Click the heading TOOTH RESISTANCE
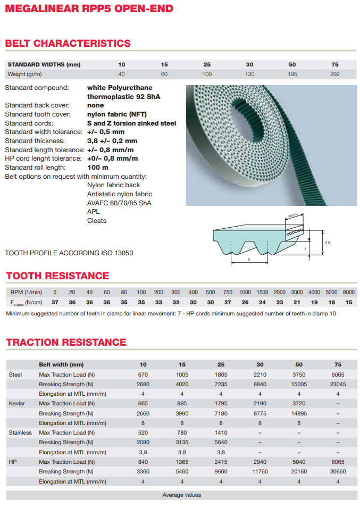pos(57,276)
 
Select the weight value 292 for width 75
pos(334,74)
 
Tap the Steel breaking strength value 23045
pos(338,384)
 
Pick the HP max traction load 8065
pos(338,462)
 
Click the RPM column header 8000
pos(349,292)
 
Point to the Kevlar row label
pos(17,404)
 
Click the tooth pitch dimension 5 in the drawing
pos(248,260)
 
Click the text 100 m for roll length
pos(98,168)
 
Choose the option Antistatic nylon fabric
pos(119,194)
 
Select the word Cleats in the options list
pos(97,220)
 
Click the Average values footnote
pos(181,495)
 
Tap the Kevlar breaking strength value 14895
pos(299,413)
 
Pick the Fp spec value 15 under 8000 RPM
pos(349,302)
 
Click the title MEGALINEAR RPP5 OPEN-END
pos(89,9)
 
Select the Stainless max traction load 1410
pos(221,432)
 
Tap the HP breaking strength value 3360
pos(143,471)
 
